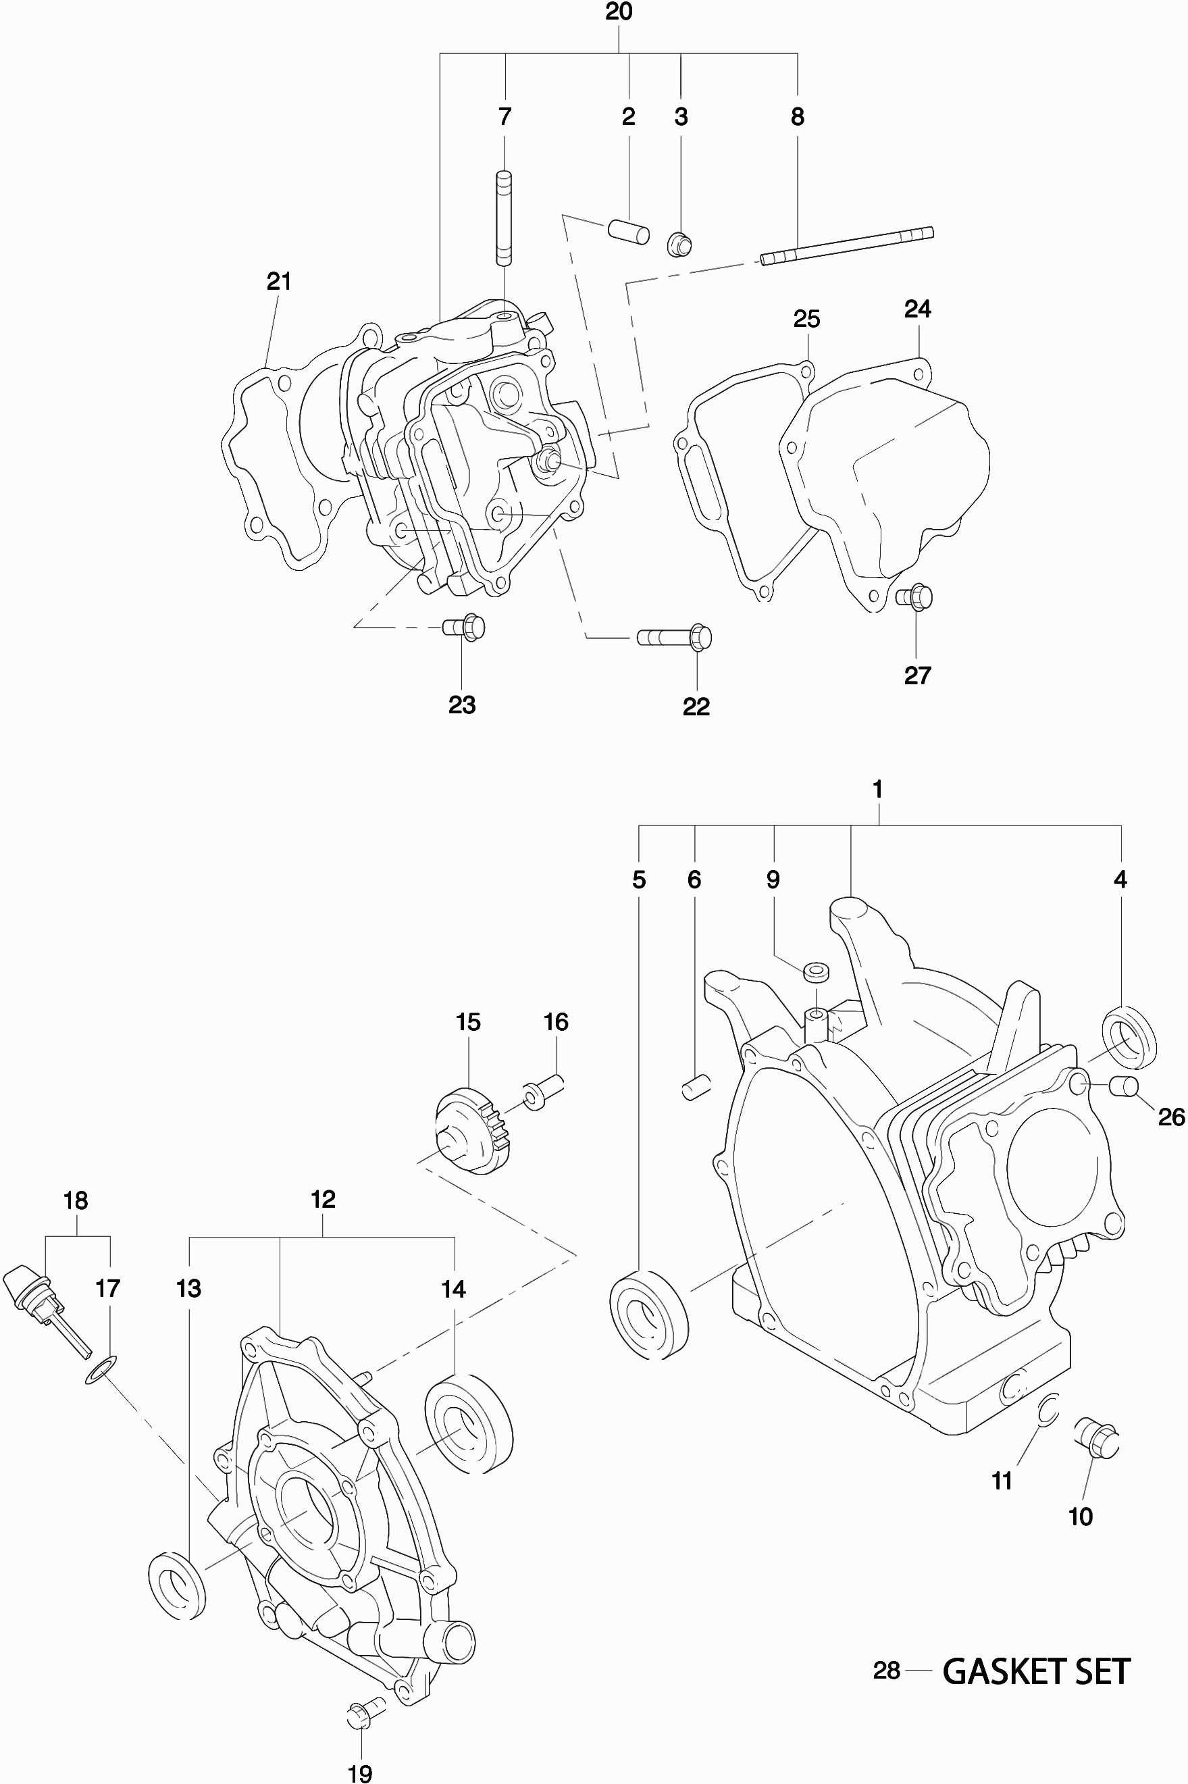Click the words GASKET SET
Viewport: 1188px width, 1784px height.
pyautogui.click(x=1036, y=1671)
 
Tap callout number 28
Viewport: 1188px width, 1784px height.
pyautogui.click(x=887, y=1671)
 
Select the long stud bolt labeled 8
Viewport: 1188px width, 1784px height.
pyautogui.click(x=847, y=247)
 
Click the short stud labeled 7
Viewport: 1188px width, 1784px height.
pyautogui.click(x=504, y=219)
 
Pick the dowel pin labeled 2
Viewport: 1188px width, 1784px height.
pyautogui.click(x=629, y=231)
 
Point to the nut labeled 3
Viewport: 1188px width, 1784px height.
pyautogui.click(x=679, y=245)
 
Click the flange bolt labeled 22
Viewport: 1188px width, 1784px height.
pyautogui.click(x=674, y=638)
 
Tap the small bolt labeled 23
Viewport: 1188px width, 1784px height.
pyautogui.click(x=464, y=628)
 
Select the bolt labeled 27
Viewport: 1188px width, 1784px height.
pyautogui.click(x=914, y=597)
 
